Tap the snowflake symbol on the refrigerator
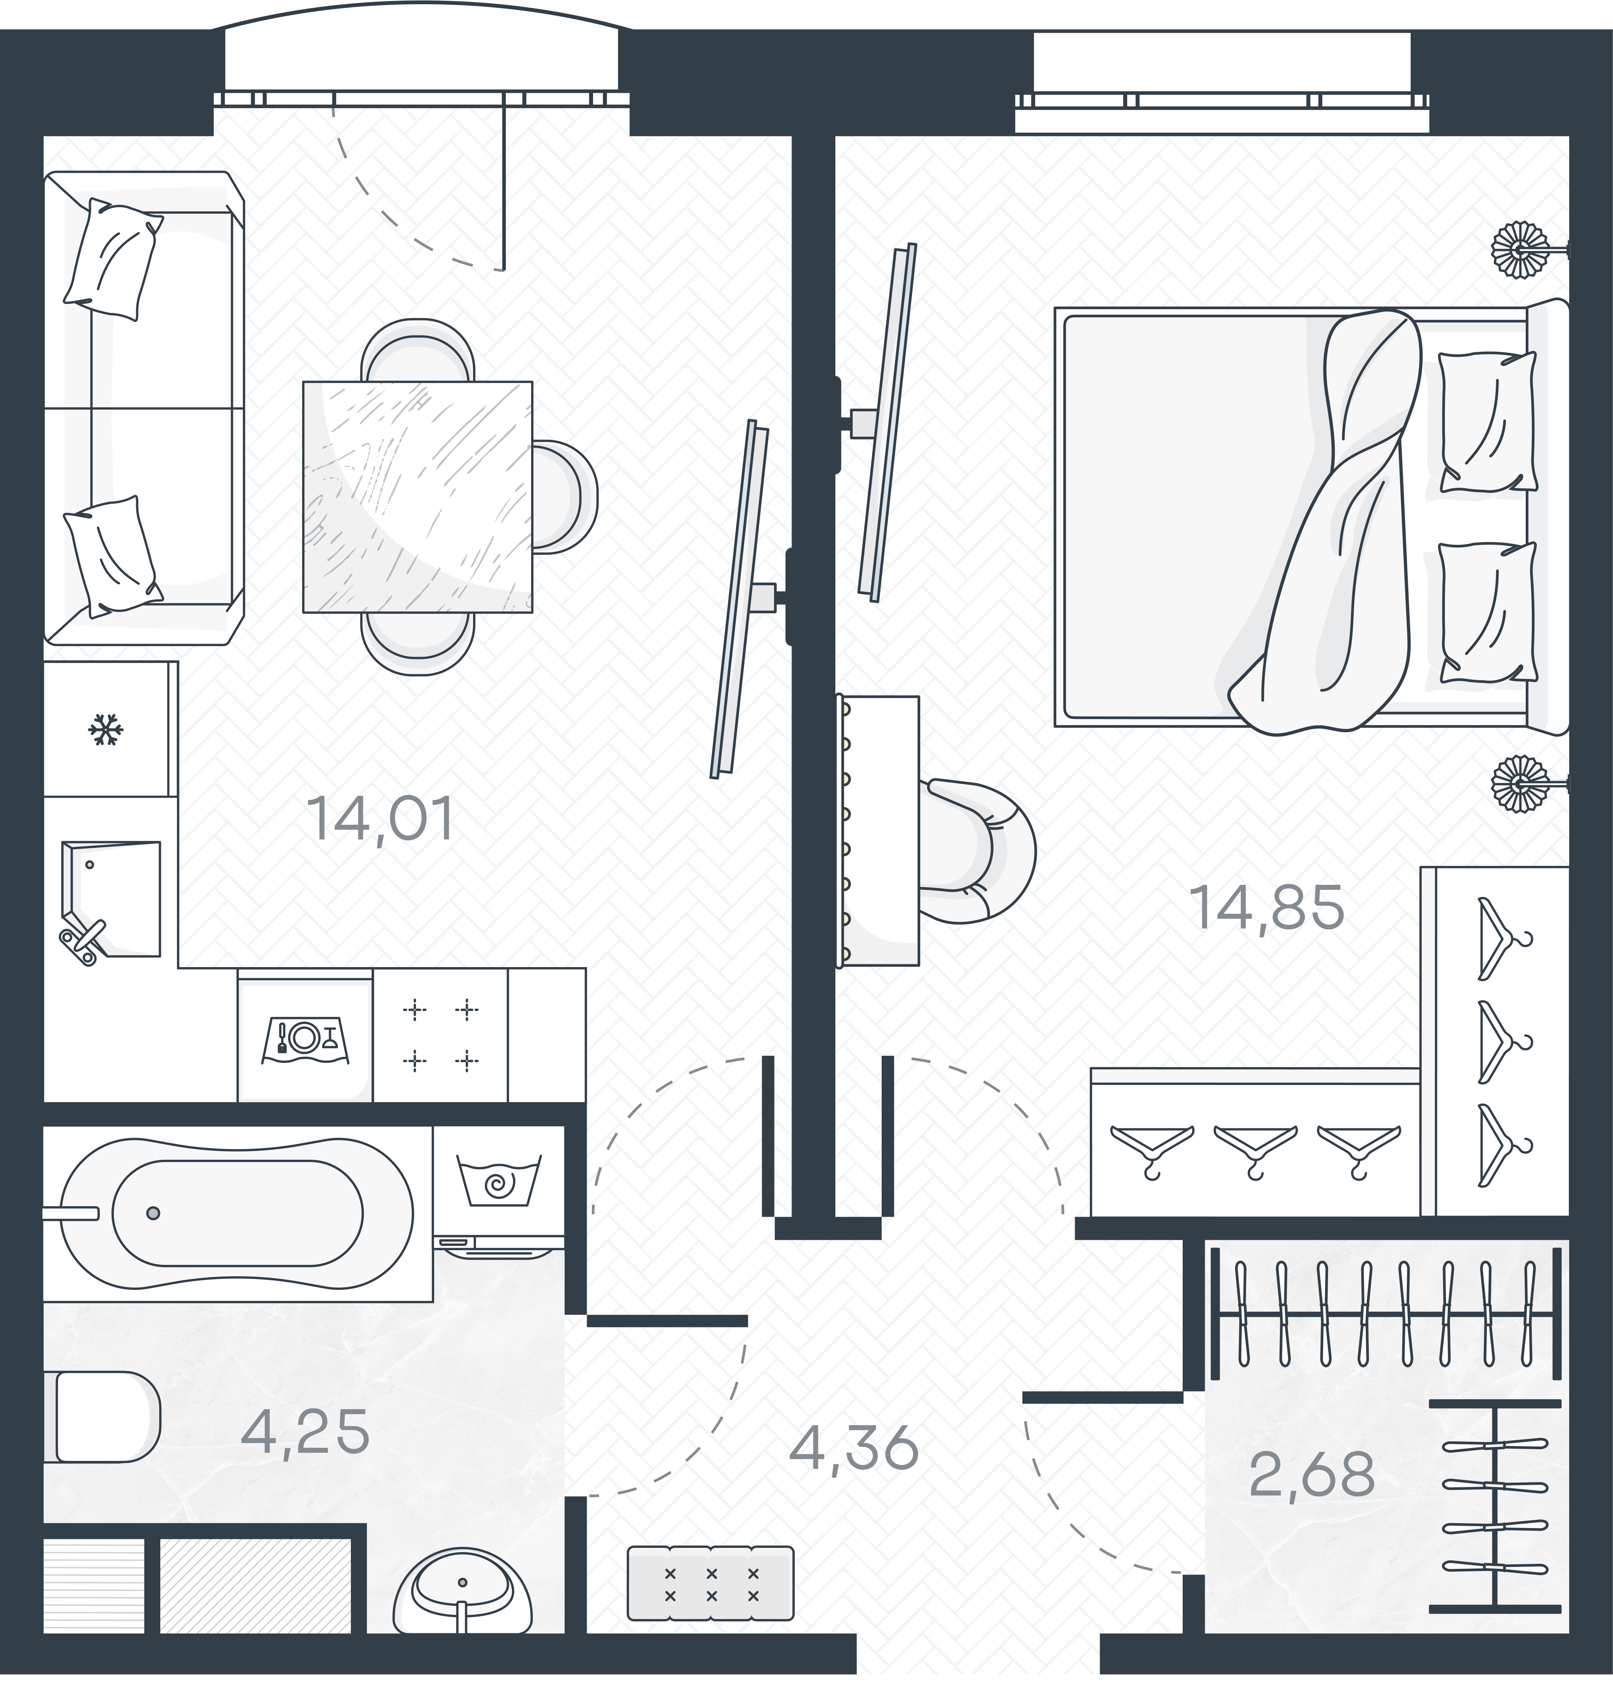106,730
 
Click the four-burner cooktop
440,1035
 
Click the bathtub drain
153,1213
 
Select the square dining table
417,497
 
